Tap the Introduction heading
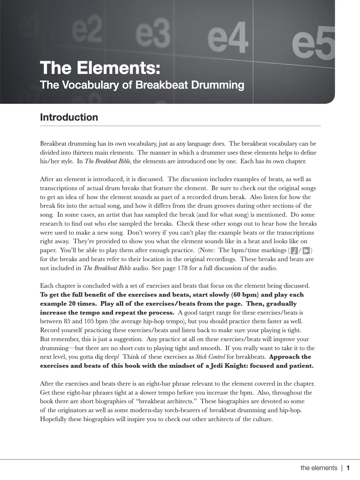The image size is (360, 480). tap(69, 117)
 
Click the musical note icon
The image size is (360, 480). tap(294, 250)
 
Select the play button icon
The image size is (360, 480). tap(306, 250)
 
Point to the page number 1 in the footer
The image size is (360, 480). tap(348, 468)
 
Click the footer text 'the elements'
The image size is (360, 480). tap(319, 468)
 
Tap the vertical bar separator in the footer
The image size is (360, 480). tap(342, 468)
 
